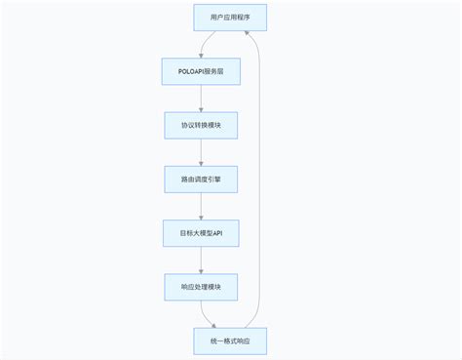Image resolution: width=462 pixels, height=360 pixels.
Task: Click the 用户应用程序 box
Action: [229, 19]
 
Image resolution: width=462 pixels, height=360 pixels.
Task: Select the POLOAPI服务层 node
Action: [200, 72]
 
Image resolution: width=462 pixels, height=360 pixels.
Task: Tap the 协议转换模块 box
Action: [200, 126]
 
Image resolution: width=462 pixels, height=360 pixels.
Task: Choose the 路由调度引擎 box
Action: [200, 180]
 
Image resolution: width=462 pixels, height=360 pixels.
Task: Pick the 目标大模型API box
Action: [200, 234]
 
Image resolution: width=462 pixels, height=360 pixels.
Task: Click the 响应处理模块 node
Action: [200, 288]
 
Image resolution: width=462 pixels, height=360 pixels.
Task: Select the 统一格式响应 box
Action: [229, 341]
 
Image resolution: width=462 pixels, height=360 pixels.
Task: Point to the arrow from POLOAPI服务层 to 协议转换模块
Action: [200, 99]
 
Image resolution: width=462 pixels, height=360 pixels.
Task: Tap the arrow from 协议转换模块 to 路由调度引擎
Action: [200, 152]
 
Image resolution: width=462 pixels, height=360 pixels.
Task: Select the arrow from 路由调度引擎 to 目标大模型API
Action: [200, 206]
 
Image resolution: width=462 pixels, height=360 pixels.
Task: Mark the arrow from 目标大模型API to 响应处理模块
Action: [200, 260]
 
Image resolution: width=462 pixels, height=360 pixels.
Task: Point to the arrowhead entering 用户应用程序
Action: [247, 36]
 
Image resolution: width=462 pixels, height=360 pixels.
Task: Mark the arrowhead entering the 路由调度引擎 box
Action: [200, 162]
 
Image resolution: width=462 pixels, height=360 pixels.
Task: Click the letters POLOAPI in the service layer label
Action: [190, 72]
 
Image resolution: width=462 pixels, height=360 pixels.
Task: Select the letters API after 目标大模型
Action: [218, 234]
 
